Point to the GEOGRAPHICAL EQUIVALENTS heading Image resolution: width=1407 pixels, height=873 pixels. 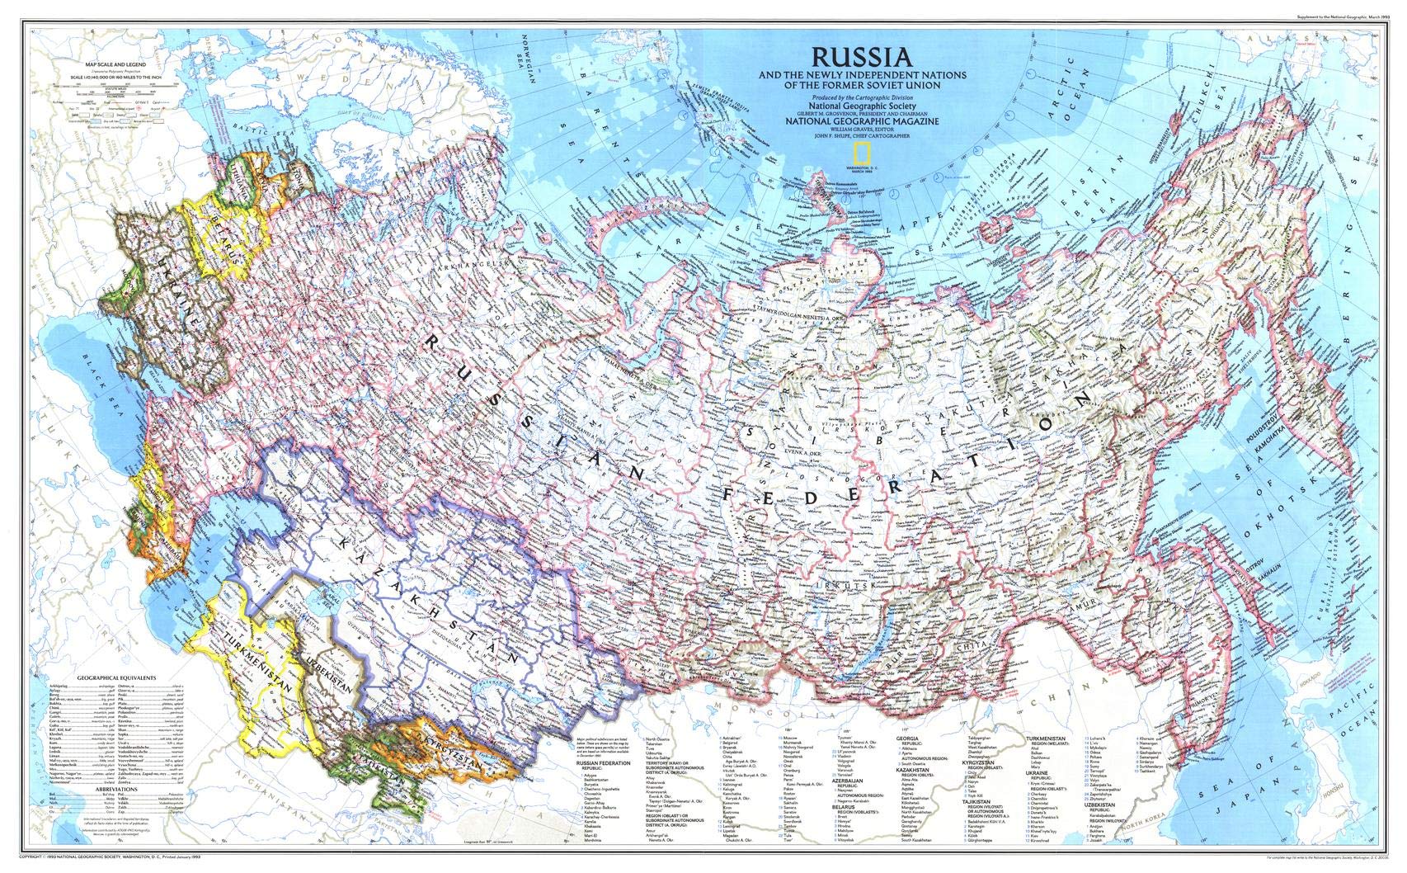pos(115,676)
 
